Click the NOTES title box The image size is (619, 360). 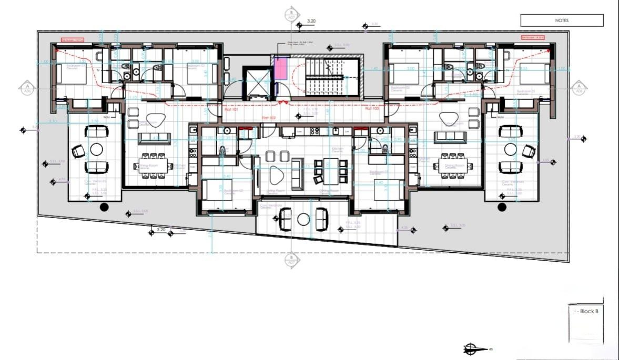562,20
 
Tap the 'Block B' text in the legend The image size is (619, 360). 589,312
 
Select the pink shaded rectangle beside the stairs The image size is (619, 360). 282,69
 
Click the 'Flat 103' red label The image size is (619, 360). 372,109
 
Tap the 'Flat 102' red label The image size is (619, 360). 269,118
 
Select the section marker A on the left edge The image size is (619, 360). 26,87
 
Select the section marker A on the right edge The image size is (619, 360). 579,87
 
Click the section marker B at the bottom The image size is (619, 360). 291,261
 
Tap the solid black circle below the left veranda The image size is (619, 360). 104,207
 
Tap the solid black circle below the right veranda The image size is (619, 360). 501,207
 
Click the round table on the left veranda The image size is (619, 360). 96,150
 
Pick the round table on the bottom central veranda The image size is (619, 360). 303,220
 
